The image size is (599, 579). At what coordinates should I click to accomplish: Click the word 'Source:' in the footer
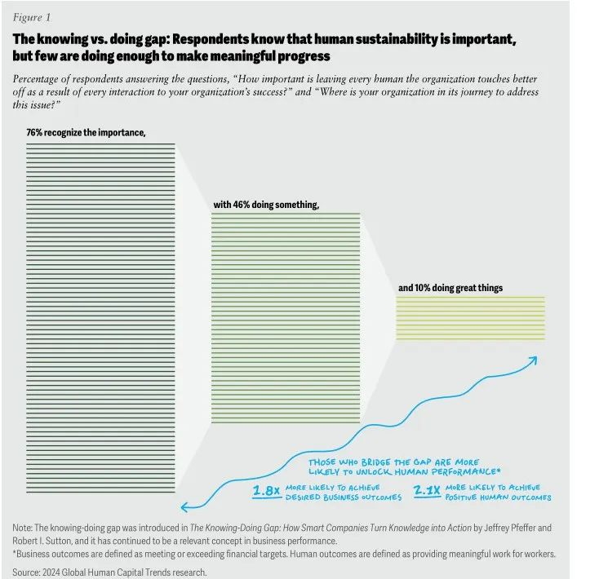pos(28,572)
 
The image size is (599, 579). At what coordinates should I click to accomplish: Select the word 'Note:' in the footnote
pos(25,528)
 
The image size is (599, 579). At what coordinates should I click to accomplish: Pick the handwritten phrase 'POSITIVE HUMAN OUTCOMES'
pos(499,497)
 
